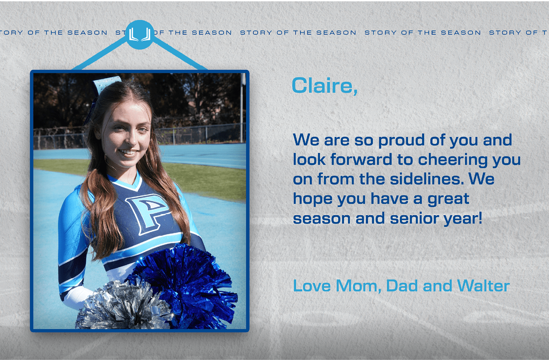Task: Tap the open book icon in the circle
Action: [x=139, y=34]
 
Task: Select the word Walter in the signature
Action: [x=483, y=286]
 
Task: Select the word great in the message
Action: [x=448, y=199]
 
